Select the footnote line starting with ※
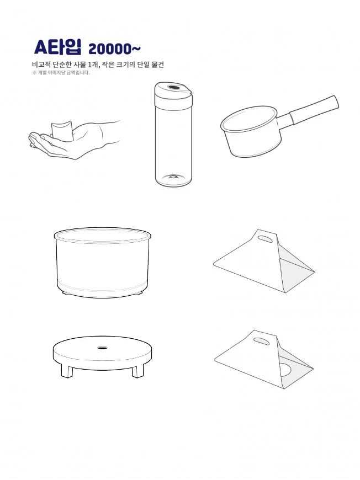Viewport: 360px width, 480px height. click(61, 73)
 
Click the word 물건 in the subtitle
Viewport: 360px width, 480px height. click(157, 65)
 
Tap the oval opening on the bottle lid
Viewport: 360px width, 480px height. click(174, 88)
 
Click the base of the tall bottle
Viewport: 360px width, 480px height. click(173, 179)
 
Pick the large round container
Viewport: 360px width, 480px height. click(103, 262)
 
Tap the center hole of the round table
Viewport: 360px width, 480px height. click(102, 348)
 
